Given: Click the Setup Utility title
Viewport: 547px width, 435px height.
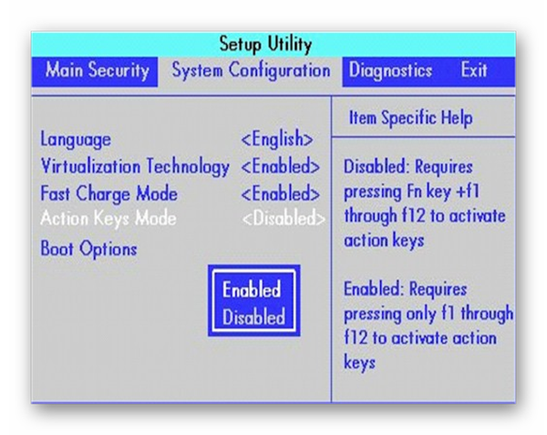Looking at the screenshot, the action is (265, 45).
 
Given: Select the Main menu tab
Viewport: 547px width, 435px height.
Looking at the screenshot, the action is (65, 69).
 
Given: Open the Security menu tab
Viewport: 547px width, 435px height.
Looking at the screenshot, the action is (119, 70).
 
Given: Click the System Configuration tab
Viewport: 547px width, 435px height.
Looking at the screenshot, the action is (251, 70).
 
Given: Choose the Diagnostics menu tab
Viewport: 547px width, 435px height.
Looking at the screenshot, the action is (390, 70).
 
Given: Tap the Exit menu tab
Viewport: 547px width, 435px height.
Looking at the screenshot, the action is (474, 69).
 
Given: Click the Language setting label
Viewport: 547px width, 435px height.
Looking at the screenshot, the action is (76, 140).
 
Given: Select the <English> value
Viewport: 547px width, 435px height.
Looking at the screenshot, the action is (277, 140).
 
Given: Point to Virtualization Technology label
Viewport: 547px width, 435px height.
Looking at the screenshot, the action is (135, 166).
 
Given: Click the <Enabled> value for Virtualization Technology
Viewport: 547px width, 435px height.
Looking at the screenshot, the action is (281, 166).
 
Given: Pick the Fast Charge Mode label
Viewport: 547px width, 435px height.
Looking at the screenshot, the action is (108, 193).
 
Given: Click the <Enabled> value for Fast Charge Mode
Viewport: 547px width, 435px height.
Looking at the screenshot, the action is (281, 193).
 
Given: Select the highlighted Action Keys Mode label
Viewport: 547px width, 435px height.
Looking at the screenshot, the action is (108, 219).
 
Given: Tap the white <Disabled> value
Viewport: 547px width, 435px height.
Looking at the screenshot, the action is (284, 219).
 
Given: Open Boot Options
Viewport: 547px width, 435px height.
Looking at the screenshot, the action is (88, 249).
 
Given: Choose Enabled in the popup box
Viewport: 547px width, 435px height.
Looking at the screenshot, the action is (252, 289).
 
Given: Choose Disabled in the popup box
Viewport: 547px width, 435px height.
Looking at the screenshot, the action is (253, 316).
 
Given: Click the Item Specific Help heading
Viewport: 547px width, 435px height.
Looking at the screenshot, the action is (411, 118).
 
